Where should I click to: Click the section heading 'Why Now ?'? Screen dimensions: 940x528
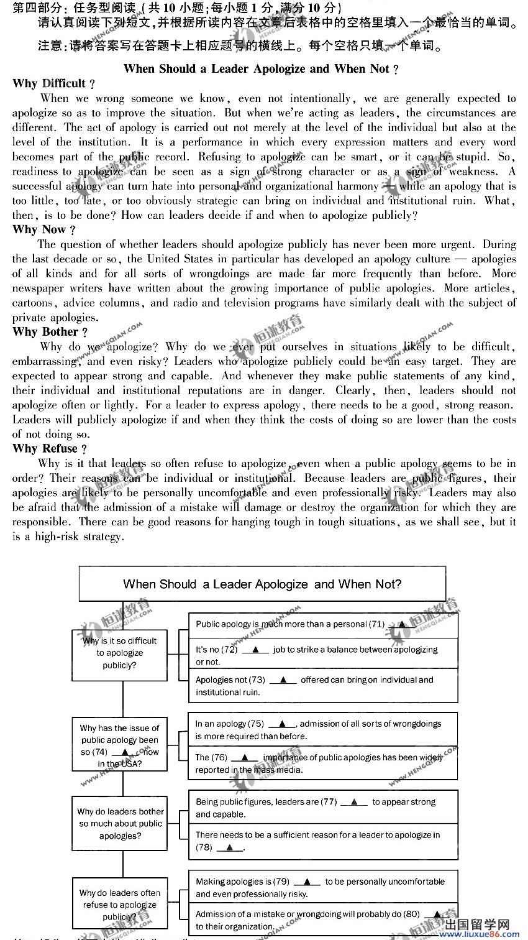coord(44,230)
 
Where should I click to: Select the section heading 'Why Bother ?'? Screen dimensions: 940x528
coord(50,332)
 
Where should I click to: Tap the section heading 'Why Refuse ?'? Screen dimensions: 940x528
coord(49,449)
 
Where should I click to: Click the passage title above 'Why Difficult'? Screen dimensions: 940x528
coord(261,69)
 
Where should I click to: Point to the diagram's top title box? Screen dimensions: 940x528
coord(262,584)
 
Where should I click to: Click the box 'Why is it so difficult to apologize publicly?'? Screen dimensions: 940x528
coord(119,653)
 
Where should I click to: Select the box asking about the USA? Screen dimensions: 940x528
coord(119,745)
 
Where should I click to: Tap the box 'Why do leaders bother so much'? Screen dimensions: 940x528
coord(120,824)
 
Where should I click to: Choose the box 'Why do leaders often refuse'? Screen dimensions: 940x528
coord(119,905)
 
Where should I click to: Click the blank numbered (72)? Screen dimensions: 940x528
coord(255,650)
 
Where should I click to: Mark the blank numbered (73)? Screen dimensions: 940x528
coord(283,680)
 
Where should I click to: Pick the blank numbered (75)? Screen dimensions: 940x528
coord(283,724)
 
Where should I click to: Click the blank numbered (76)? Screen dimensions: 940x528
coord(244,757)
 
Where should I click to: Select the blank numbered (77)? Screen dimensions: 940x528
coord(354,802)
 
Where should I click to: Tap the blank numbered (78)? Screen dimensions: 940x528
coord(230,847)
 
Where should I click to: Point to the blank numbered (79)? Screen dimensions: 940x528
coord(307,882)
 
